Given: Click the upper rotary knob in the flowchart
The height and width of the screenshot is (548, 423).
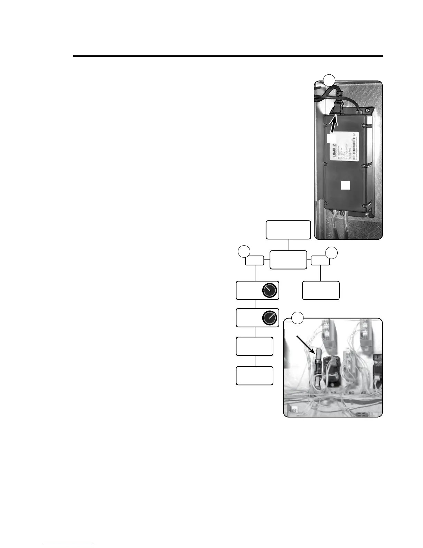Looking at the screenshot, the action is [270, 291].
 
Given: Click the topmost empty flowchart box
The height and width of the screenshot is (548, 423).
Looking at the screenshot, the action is [288, 230].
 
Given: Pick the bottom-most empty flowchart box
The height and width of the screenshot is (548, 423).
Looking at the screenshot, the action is [254, 376].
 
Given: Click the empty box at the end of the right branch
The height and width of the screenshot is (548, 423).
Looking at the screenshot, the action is [321, 291].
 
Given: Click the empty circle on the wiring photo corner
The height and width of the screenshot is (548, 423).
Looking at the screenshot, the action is [297, 317].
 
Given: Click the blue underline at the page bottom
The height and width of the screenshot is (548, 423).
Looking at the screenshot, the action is [68, 545].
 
